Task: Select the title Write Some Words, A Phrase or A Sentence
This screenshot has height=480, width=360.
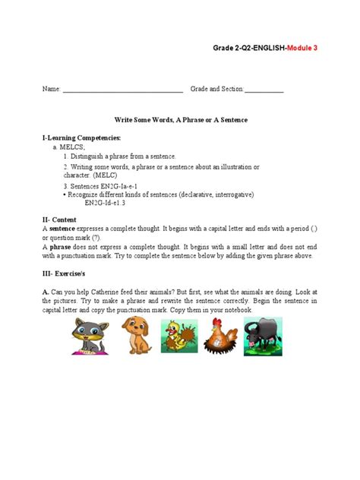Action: tap(181, 121)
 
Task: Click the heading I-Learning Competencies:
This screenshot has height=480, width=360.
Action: tap(82, 137)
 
